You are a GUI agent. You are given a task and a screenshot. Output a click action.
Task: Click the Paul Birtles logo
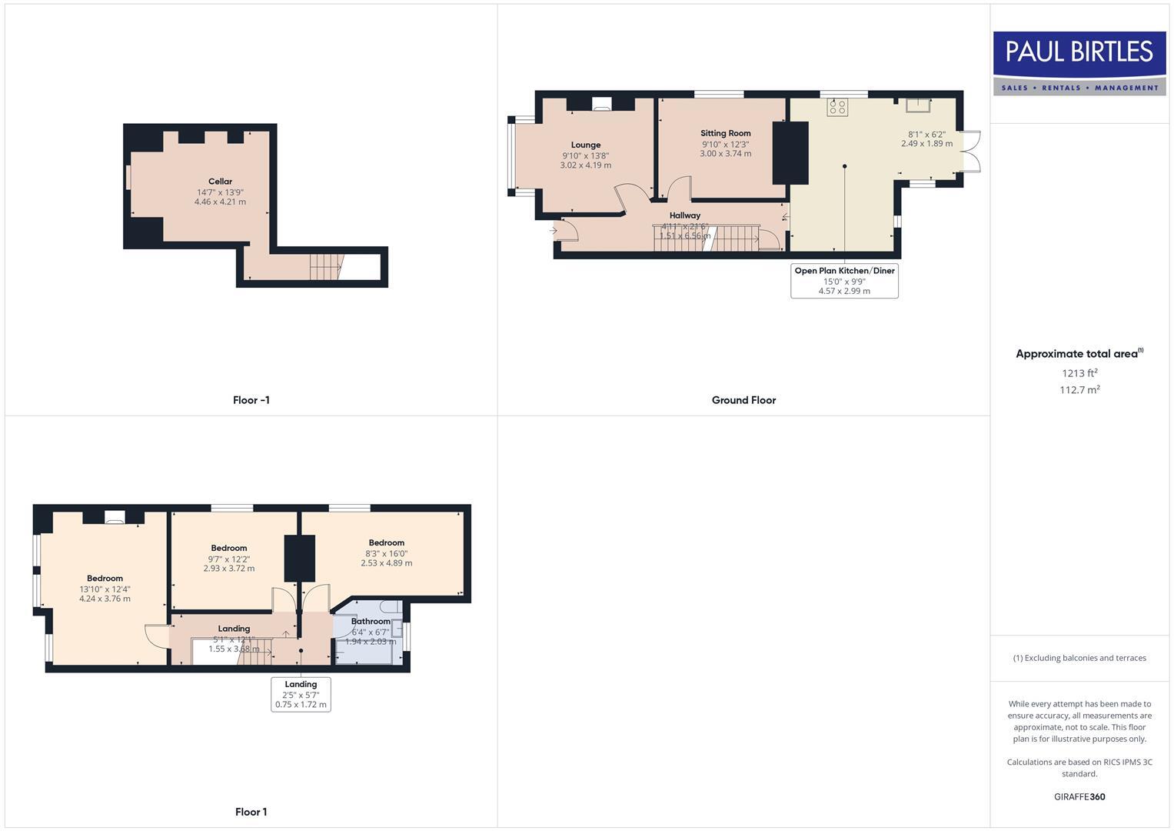pyautogui.click(x=1079, y=62)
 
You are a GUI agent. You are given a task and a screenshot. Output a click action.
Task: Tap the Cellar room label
pyautogui.click(x=220, y=182)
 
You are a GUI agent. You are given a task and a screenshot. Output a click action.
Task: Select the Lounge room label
pyautogui.click(x=585, y=145)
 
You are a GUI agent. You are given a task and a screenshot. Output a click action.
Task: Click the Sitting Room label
pyautogui.click(x=725, y=133)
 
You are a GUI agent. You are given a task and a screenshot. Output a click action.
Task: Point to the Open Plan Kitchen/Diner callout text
pyautogui.click(x=844, y=271)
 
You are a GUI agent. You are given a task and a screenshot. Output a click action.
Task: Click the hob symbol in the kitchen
pyautogui.click(x=837, y=107)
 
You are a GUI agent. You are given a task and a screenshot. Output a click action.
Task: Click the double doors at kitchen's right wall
pyautogui.click(x=971, y=152)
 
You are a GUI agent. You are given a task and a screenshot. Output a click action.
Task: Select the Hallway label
pyautogui.click(x=684, y=215)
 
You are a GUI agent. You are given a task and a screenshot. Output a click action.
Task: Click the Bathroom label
pyautogui.click(x=371, y=621)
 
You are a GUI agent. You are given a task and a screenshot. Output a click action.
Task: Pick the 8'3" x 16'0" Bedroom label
pyautogui.click(x=386, y=542)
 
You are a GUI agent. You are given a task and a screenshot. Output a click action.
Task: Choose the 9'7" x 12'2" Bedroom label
pyautogui.click(x=229, y=548)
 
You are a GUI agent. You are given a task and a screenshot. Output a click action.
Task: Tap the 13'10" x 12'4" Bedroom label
pyautogui.click(x=105, y=579)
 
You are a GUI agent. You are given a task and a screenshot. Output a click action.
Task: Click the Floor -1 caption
pyautogui.click(x=251, y=400)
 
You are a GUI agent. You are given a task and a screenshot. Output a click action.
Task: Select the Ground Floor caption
pyautogui.click(x=743, y=400)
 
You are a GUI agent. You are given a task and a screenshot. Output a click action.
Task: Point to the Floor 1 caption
pyautogui.click(x=251, y=812)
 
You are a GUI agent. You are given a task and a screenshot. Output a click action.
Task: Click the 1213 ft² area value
pyautogui.click(x=1079, y=373)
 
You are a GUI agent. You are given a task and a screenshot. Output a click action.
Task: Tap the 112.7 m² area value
pyautogui.click(x=1079, y=390)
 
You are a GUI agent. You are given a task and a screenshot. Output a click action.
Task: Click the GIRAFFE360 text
pyautogui.click(x=1079, y=796)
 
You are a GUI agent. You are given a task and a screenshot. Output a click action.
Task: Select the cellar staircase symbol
pyautogui.click(x=325, y=268)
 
